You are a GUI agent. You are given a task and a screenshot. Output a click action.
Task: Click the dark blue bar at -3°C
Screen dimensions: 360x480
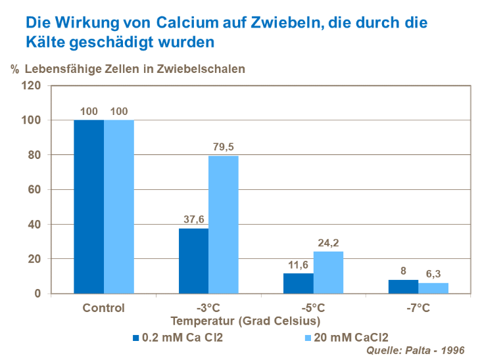pyautogui.click(x=193, y=261)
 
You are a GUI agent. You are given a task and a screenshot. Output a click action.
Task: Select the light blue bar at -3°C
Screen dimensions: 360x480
pyautogui.click(x=224, y=225)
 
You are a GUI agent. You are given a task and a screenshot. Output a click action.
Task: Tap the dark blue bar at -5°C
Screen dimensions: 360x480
pyautogui.click(x=298, y=283)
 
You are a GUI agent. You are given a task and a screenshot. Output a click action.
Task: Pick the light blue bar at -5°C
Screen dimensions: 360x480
pyautogui.click(x=328, y=273)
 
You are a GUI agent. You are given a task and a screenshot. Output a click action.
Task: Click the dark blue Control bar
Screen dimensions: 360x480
pyautogui.click(x=89, y=206)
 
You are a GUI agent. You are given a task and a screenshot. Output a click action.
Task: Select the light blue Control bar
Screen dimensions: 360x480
pyautogui.click(x=119, y=206)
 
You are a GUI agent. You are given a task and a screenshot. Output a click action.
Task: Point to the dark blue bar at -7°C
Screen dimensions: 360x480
pyautogui.click(x=403, y=286)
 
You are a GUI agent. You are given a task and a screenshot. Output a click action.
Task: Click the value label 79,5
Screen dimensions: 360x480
pyautogui.click(x=224, y=147)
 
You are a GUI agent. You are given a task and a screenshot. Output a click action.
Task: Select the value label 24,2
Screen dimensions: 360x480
pyautogui.click(x=328, y=243)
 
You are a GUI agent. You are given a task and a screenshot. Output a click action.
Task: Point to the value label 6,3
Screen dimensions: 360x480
pyautogui.click(x=433, y=274)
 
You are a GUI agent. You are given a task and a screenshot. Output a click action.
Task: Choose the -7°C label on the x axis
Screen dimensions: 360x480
pyautogui.click(x=418, y=307)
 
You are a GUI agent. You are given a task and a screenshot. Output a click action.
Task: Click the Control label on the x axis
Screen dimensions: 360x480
pyautogui.click(x=104, y=307)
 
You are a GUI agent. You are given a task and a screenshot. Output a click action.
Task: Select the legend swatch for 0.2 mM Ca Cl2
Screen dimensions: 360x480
pyautogui.click(x=136, y=338)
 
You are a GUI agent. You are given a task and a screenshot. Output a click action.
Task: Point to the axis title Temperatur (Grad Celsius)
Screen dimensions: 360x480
pyautogui.click(x=245, y=321)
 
